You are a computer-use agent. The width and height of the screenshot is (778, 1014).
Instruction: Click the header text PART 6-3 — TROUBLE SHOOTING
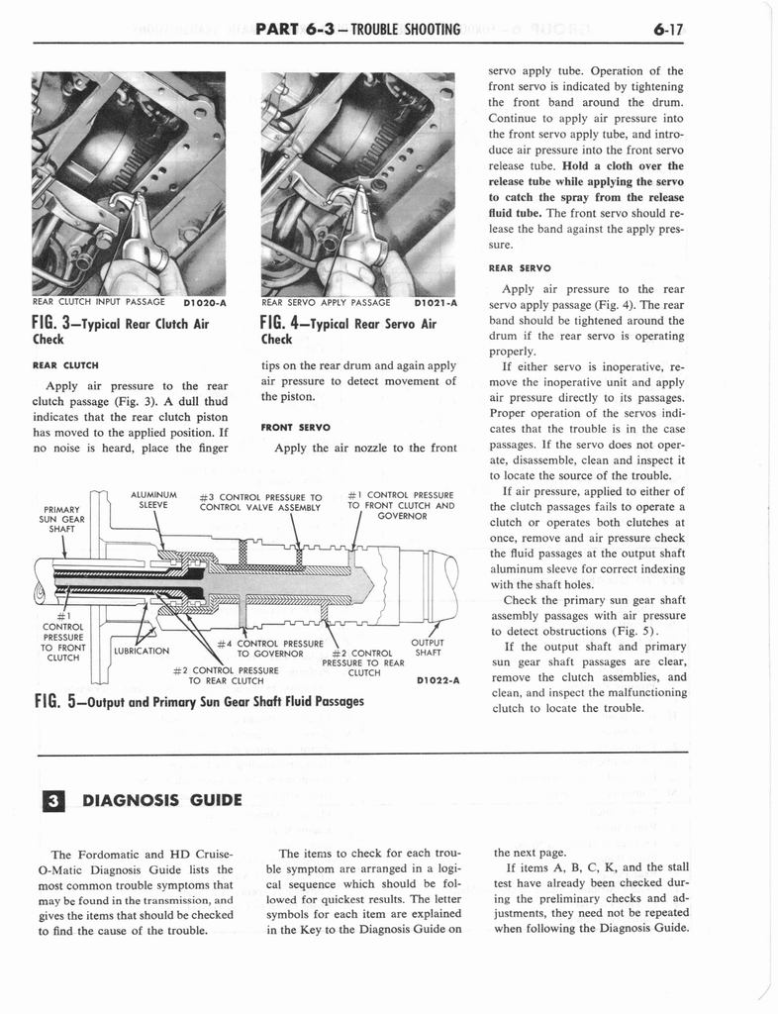[x=357, y=29]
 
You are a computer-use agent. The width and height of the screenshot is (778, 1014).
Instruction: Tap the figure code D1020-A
[x=205, y=303]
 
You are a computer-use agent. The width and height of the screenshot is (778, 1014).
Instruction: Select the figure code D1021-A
[x=434, y=303]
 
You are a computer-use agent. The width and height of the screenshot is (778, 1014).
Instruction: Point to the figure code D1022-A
[x=438, y=679]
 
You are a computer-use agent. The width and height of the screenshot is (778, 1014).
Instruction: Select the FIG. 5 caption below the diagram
[x=198, y=701]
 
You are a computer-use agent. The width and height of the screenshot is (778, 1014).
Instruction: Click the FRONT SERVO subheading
[x=295, y=428]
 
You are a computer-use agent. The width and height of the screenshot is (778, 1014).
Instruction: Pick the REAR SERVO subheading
[x=520, y=267]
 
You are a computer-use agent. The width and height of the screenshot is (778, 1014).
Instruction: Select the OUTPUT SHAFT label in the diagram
[x=427, y=646]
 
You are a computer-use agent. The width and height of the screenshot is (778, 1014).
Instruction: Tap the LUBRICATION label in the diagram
[x=142, y=651]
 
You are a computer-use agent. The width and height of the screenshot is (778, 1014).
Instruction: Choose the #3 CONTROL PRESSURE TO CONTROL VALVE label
[x=261, y=502]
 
